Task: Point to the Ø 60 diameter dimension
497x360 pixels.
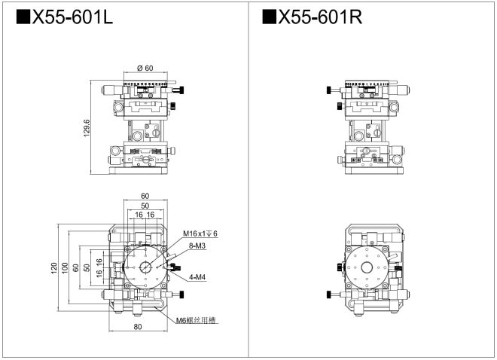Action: [x=145, y=69]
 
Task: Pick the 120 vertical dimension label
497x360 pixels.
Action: [x=54, y=269]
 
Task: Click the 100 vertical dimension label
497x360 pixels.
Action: [x=66, y=269]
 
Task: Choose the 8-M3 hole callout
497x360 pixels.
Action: [x=198, y=246]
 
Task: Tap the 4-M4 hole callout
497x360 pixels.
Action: [x=198, y=276]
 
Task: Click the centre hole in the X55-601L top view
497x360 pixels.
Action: [x=144, y=268]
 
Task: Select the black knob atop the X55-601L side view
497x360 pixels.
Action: [x=178, y=90]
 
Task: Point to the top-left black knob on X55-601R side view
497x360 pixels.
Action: [x=329, y=90]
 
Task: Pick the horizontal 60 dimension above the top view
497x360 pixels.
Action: [x=145, y=196]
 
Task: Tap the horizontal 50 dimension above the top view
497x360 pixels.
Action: [x=145, y=206]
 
